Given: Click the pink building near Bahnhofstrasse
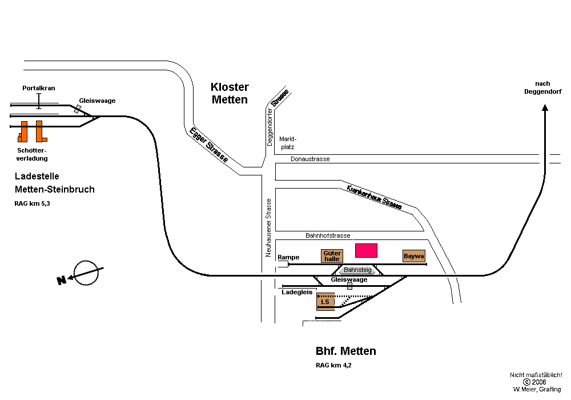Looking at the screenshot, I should click(x=367, y=250).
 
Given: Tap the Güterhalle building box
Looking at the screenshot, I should click(x=332, y=256).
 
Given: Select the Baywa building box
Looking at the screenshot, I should click(x=414, y=256).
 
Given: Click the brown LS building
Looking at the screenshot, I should click(x=325, y=301).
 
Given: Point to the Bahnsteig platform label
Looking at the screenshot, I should click(x=358, y=270).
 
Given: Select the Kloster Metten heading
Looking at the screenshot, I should click(x=230, y=93).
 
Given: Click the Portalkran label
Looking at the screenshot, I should click(x=39, y=89).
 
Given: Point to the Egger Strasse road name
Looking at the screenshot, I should click(x=208, y=145).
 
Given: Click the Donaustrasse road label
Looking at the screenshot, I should click(x=310, y=159).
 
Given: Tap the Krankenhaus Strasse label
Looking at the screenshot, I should click(x=374, y=197).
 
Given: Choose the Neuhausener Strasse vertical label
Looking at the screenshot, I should click(x=268, y=227).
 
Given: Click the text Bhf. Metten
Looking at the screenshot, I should click(x=345, y=351).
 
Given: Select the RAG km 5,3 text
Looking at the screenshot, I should click(x=32, y=203).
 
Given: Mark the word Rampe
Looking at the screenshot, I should click(x=288, y=257).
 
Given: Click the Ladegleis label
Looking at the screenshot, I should click(x=297, y=291).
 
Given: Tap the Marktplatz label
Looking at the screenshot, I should click(x=288, y=143).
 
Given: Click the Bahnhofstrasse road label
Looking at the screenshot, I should click(x=328, y=235).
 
